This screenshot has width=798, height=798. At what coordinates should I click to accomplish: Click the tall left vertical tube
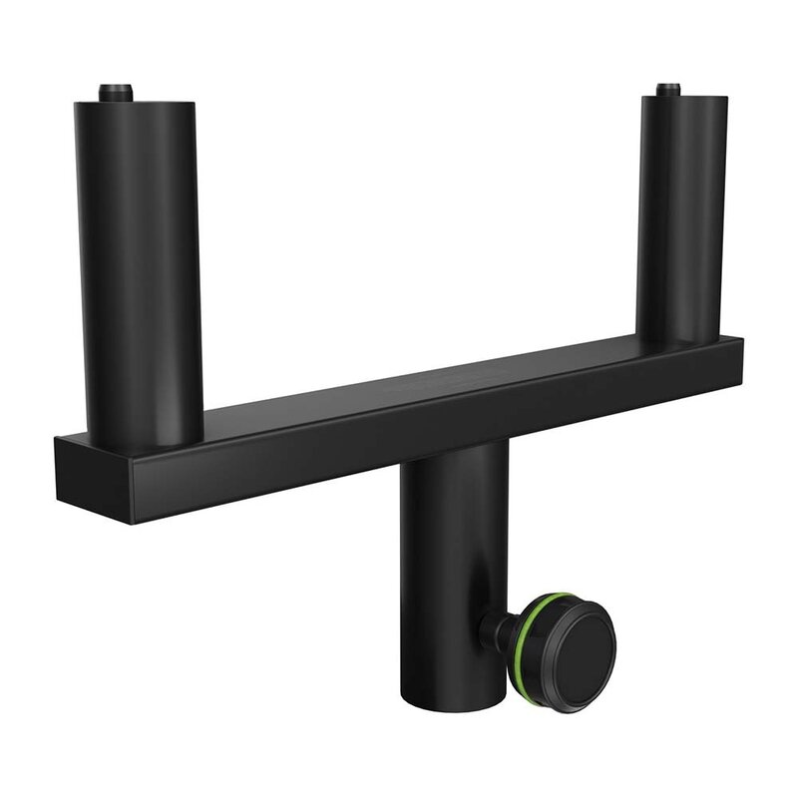tap(139, 259)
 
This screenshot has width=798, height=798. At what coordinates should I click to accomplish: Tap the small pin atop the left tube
tap(116, 92)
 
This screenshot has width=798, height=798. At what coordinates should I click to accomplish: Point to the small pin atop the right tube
tap(668, 89)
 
